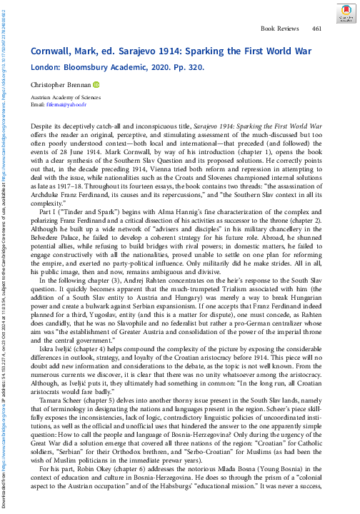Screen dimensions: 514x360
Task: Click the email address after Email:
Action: [66, 105]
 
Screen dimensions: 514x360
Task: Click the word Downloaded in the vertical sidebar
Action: [6, 493]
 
